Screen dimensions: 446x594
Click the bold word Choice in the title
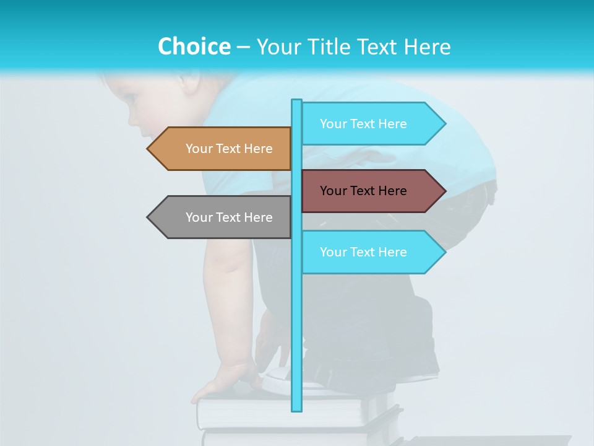pos(194,46)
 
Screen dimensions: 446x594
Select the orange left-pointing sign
pos(229,149)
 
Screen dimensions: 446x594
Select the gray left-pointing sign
pos(229,217)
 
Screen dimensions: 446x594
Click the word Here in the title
pos(428,47)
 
